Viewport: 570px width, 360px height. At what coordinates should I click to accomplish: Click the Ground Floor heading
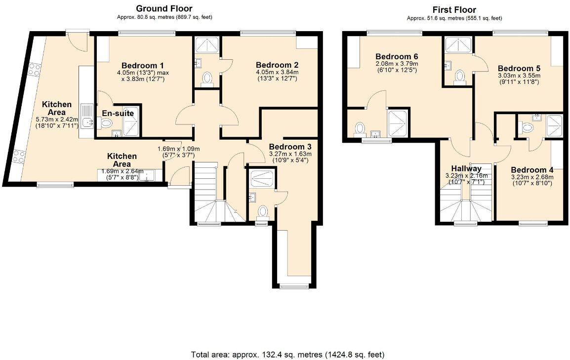tap(164, 8)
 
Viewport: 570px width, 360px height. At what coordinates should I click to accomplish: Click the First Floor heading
tap(454, 9)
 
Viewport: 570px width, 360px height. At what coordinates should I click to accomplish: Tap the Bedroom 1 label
tap(143, 66)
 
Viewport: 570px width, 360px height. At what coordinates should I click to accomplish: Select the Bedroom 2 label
tap(277, 65)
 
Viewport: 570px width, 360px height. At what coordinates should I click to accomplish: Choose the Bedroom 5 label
tap(519, 69)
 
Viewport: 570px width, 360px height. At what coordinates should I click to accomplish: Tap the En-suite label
tap(118, 113)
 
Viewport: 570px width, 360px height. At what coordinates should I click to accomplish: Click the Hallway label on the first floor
tap(463, 168)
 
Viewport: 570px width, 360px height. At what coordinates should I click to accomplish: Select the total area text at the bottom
tap(287, 355)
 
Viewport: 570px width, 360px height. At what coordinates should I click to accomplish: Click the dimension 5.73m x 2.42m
tap(57, 120)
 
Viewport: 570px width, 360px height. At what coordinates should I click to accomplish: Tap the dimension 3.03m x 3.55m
tap(519, 76)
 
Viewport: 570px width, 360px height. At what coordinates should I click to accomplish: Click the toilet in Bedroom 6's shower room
tap(360, 128)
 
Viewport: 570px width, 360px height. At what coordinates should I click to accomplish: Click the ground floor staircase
tap(207, 195)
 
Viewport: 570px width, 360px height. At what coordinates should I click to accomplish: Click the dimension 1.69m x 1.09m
tap(178, 149)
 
